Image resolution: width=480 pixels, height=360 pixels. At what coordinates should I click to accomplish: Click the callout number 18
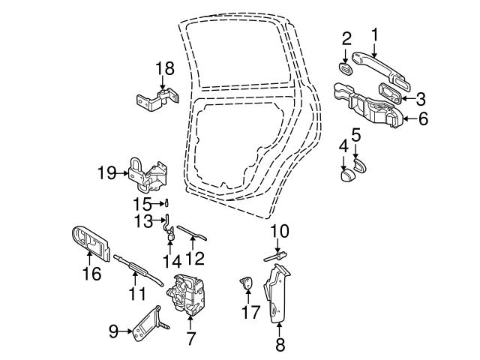164,69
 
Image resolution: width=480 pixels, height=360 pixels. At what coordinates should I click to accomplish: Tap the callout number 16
91,274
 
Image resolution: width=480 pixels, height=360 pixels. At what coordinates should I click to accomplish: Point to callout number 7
190,338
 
